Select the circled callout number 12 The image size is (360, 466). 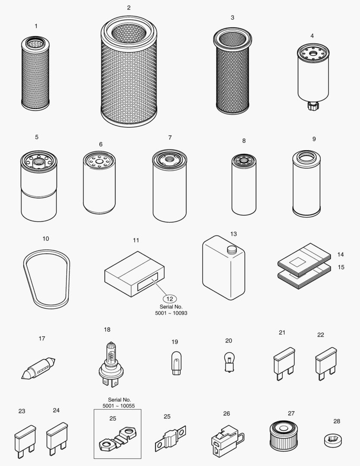coord(169,299)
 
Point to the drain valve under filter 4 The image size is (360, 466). coord(312,106)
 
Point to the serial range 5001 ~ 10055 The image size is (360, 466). coord(117,406)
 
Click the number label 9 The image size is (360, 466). coord(314,139)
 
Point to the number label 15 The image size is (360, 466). coord(341,267)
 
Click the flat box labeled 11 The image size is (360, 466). coord(135,275)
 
